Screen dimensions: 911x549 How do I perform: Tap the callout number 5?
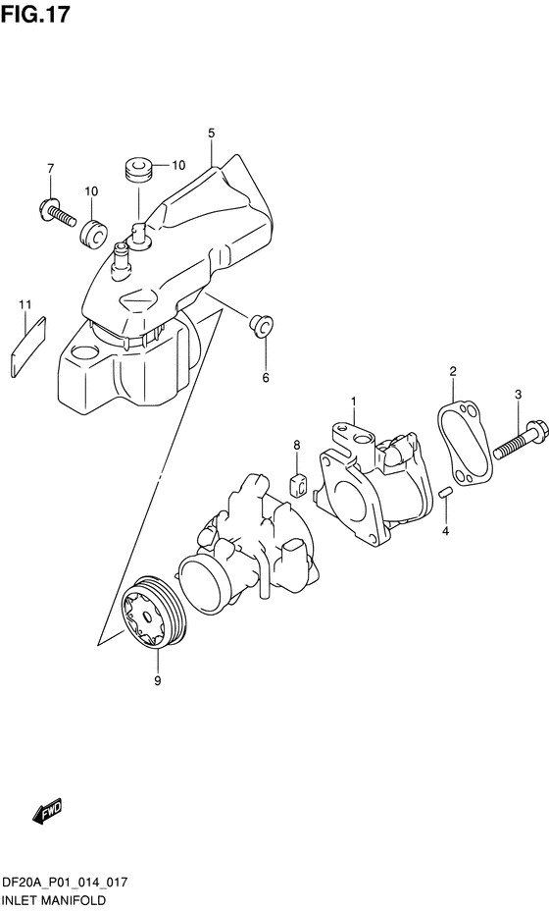pos(211,133)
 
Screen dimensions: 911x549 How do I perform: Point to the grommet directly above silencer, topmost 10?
pos(136,168)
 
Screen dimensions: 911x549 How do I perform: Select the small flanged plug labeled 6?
pos(262,325)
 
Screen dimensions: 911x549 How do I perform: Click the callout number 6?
pos(264,377)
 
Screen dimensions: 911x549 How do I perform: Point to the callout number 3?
pos(518,394)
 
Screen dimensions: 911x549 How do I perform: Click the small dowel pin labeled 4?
pos(445,492)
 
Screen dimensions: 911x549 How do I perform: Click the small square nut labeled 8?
pos(300,483)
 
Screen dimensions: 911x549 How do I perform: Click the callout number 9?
pos(156,679)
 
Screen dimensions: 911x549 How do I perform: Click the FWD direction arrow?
pos(46,812)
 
